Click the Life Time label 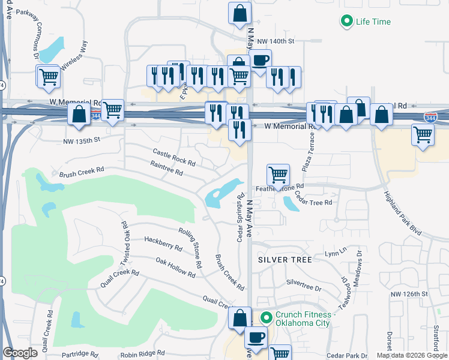pyautogui.click(x=373, y=22)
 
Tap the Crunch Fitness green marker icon pyautogui.click(x=265, y=317)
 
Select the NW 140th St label pyautogui.click(x=276, y=41)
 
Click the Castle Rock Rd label pyautogui.click(x=174, y=158)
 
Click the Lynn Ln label pyautogui.click(x=336, y=252)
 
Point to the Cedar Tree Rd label pyautogui.click(x=313, y=203)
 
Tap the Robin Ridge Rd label pyautogui.click(x=142, y=355)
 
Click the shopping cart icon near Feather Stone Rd pyautogui.click(x=278, y=175)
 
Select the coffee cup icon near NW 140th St pyautogui.click(x=260, y=60)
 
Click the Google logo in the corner pyautogui.click(x=20, y=353)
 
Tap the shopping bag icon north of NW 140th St pyautogui.click(x=240, y=14)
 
